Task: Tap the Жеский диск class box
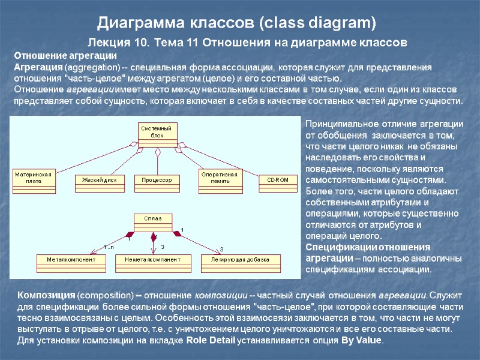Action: [99, 179]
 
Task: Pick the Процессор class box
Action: [157, 179]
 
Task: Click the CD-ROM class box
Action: [278, 179]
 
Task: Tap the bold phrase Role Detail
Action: [211, 340]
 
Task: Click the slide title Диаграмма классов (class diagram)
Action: [236, 23]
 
